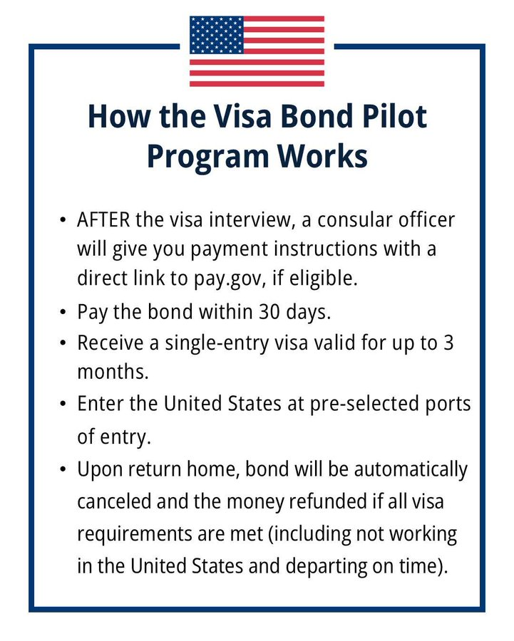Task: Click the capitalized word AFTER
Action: [x=103, y=219]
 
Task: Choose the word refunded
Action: [x=327, y=502]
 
